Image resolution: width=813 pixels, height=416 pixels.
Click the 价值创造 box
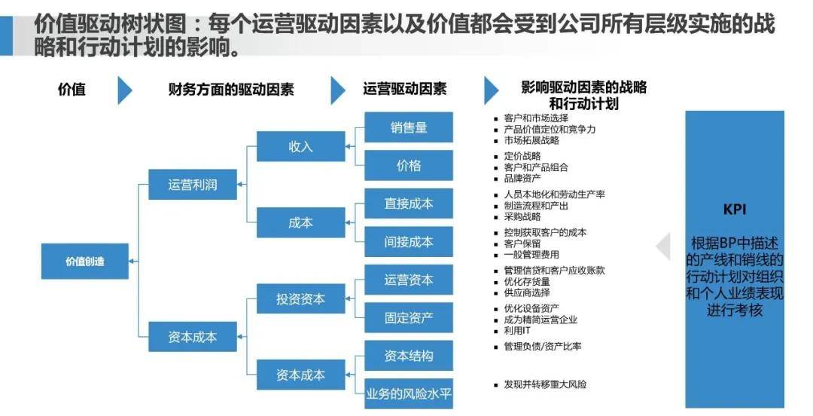pyautogui.click(x=85, y=262)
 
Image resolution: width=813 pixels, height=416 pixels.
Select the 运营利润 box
pyautogui.click(x=193, y=185)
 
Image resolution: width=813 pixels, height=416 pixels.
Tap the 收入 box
pyautogui.click(x=300, y=146)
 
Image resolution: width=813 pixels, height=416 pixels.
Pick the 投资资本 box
pyautogui.click(x=300, y=298)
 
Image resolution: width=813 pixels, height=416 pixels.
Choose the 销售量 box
pyautogui.click(x=409, y=127)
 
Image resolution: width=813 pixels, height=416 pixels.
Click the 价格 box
pyautogui.click(x=409, y=166)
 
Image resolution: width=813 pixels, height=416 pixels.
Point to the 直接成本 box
pyautogui.click(x=409, y=203)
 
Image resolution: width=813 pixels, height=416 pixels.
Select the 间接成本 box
pyautogui.click(x=409, y=242)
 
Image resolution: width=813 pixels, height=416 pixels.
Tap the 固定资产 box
pyautogui.click(x=409, y=317)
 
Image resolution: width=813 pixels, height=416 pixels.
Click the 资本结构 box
pyautogui.click(x=409, y=356)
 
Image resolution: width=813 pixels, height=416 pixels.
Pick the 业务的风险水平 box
pyautogui.click(x=409, y=393)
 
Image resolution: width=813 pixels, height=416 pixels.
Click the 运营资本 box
pyautogui.click(x=409, y=280)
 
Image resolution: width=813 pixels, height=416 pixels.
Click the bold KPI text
pyautogui.click(x=734, y=210)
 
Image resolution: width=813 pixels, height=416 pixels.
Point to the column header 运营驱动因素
pyautogui.click(x=404, y=89)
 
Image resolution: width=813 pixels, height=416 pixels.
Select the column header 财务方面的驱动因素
pyautogui.click(x=231, y=89)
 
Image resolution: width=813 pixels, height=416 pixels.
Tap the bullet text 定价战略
pyautogui.click(x=522, y=156)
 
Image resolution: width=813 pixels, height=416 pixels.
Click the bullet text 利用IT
pyautogui.click(x=517, y=330)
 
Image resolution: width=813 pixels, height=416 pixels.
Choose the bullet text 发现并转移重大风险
pyautogui.click(x=545, y=384)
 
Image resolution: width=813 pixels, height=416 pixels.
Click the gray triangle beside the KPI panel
pyautogui.click(x=664, y=246)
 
